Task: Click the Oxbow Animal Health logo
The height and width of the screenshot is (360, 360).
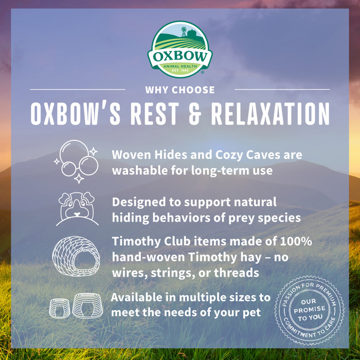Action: pos(179,49)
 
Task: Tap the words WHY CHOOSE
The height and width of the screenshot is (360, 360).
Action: pos(179,90)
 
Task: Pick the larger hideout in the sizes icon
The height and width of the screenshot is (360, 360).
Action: pos(87,305)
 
